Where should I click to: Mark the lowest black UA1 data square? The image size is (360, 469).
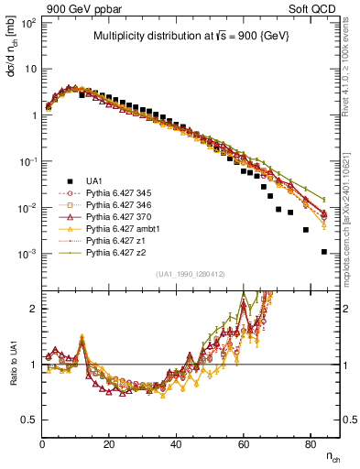pos(323,252)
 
